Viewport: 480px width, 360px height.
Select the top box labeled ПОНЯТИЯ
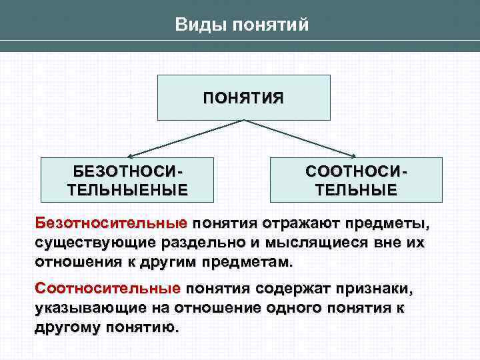click(x=243, y=97)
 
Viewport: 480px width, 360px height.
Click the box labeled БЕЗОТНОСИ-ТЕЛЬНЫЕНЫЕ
click(x=127, y=179)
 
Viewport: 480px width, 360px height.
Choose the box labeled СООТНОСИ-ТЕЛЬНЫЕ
click(x=356, y=179)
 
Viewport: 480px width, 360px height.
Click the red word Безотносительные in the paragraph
click(x=111, y=221)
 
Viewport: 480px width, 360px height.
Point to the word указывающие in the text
click(x=87, y=309)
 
